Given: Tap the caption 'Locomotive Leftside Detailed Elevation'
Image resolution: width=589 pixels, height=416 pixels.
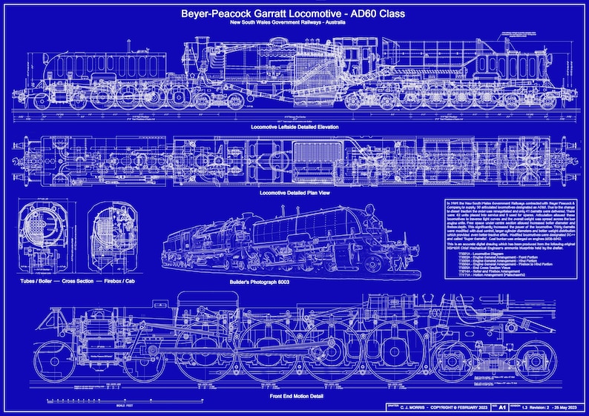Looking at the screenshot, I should click(294, 127).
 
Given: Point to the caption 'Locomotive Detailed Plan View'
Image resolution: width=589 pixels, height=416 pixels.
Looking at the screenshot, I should click(294, 193).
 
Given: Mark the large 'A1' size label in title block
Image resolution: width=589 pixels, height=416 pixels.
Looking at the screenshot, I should click(503, 408).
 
